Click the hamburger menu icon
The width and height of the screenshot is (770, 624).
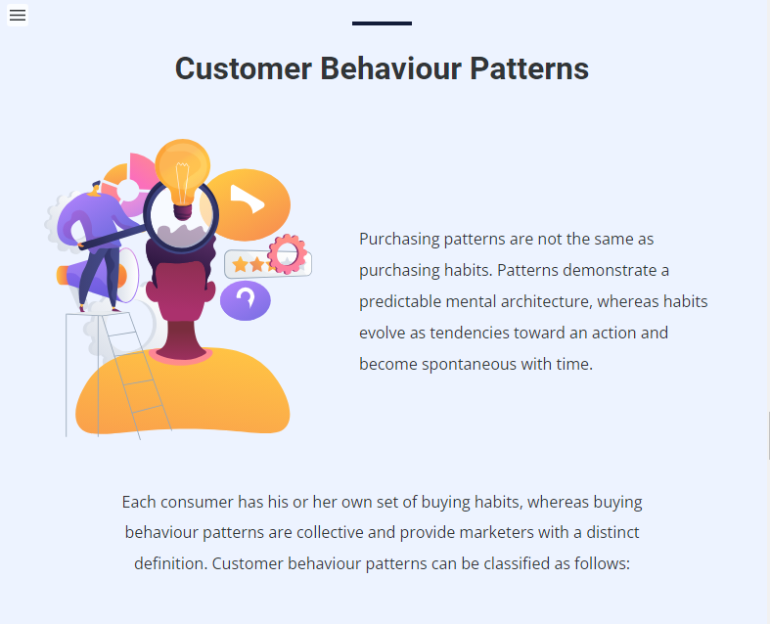(18, 15)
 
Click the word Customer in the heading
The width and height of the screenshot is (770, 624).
(244, 68)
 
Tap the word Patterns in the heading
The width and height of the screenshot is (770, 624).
(529, 68)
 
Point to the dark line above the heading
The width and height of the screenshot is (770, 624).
(382, 23)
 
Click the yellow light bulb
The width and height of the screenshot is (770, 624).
(183, 177)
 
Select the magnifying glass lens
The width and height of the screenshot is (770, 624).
(181, 216)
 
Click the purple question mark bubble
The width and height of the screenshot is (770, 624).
(245, 300)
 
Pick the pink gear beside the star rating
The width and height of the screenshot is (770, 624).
(288, 254)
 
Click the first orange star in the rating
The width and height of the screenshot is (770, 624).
(240, 265)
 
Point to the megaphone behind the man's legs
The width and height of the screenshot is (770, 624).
(97, 276)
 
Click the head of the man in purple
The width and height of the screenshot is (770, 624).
(95, 189)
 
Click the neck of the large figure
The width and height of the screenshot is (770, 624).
(181, 338)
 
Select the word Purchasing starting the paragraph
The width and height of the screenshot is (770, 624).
(399, 240)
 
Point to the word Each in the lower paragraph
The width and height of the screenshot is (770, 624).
(139, 503)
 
